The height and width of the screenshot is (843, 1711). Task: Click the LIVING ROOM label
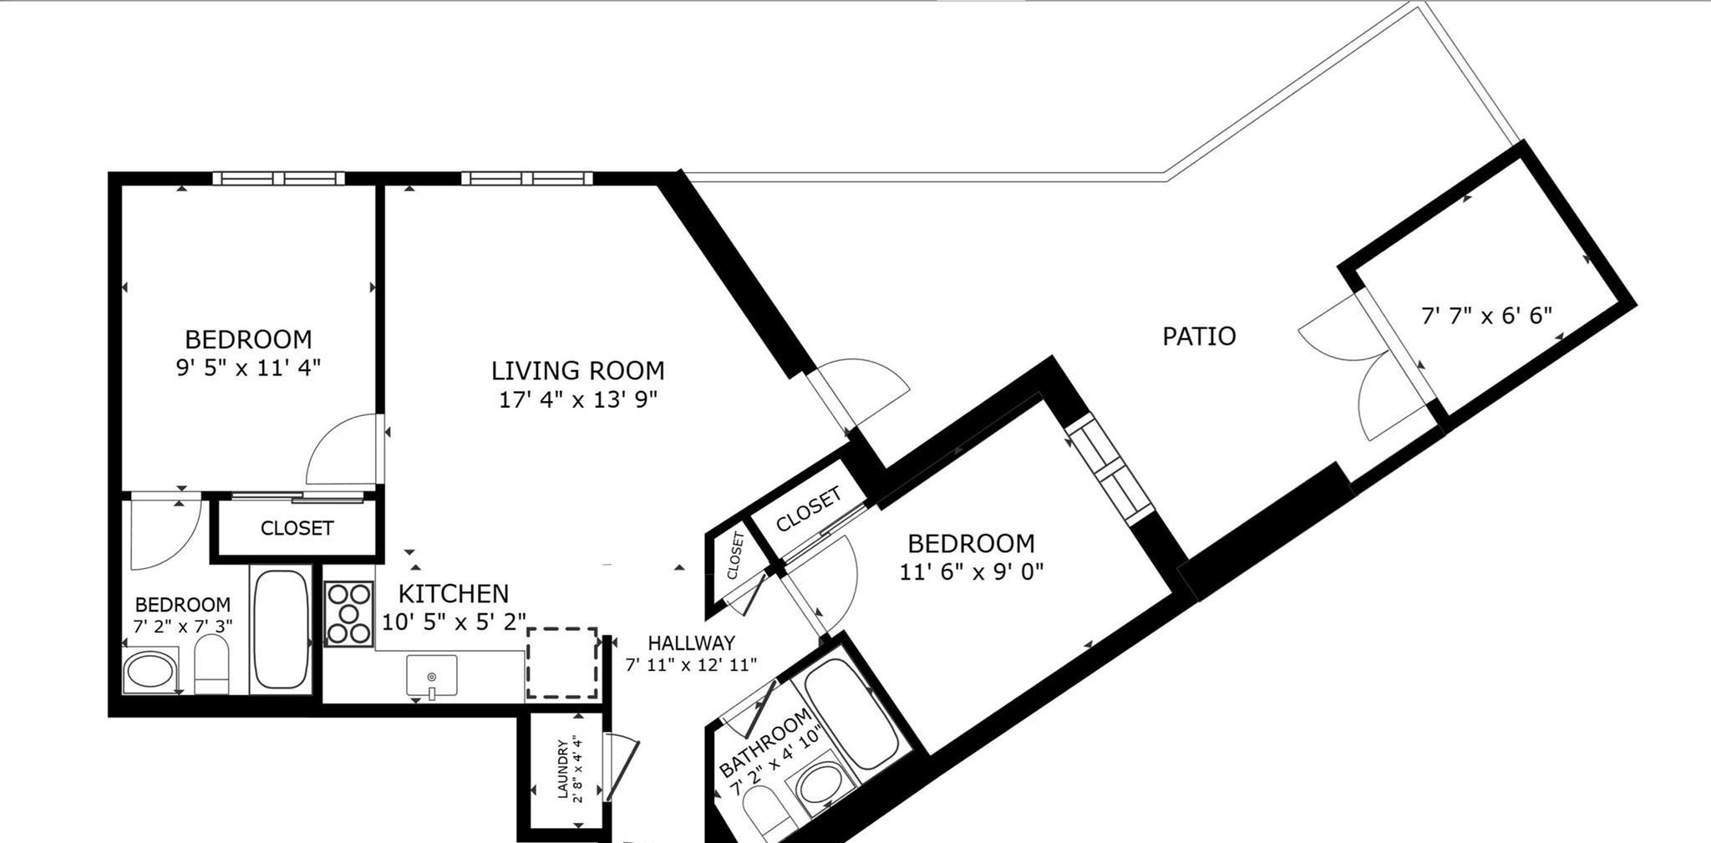577,370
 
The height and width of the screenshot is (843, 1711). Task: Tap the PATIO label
1199,336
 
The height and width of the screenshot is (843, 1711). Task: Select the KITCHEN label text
453,594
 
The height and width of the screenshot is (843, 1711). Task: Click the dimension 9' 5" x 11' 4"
248,368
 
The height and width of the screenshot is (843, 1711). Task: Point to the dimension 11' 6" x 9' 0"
972,572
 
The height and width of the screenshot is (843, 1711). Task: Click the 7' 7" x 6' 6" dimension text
1486,316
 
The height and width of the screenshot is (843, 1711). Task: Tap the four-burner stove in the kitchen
348,614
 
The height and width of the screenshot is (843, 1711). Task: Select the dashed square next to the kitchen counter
562,663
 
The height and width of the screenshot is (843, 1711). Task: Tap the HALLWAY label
691,642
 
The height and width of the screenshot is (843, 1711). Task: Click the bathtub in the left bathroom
281,628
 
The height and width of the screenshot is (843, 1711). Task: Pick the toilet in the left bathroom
212,664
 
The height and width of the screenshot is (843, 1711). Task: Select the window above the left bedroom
278,178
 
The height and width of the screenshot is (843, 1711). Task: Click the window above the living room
526,178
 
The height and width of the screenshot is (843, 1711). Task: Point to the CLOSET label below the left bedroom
297,528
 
